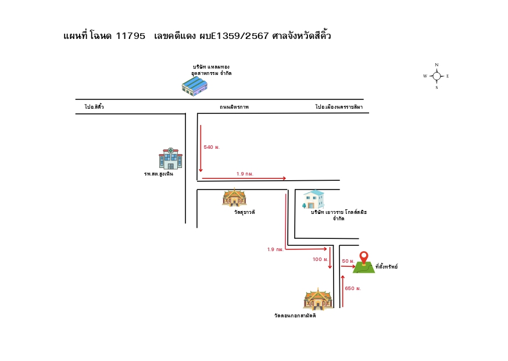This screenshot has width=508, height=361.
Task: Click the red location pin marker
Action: [364, 258]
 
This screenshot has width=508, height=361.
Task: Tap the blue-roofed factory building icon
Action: [194, 86]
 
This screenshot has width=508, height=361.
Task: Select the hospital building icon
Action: [170, 159]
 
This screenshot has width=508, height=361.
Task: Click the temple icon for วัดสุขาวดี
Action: [234, 197]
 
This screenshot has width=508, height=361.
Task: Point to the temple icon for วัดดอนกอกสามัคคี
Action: [318, 299]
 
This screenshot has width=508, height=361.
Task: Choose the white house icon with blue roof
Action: [313, 199]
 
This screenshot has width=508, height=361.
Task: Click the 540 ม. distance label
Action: [212, 147]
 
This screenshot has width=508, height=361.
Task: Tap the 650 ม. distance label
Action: [353, 288]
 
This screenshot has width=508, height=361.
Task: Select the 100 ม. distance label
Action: [320, 259]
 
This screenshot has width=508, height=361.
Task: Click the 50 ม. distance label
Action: [348, 261]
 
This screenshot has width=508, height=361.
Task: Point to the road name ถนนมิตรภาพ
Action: [234, 107]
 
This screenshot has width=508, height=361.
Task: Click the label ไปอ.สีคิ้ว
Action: [94, 106]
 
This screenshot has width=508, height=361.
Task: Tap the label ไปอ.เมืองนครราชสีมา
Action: [339, 106]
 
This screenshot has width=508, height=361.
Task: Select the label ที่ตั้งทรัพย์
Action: [387, 267]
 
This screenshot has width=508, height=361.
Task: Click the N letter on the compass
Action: [437, 65]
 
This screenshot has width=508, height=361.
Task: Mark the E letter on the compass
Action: [448, 76]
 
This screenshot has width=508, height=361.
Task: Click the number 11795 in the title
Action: [131, 35]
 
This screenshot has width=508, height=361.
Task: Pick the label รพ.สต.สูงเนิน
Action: [159, 174]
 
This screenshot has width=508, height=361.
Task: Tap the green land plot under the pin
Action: [364, 267]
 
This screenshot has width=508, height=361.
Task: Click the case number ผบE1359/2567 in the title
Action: [234, 35]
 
